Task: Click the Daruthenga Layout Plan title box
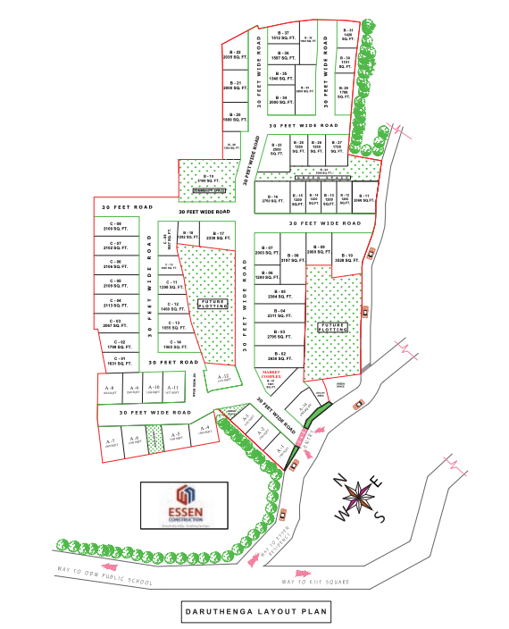254,613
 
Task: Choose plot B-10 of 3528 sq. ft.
344,258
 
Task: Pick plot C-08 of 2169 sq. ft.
115,227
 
